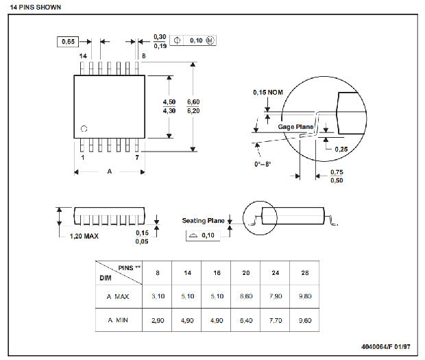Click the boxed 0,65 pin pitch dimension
[x=68, y=42]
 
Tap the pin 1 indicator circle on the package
[x=84, y=129]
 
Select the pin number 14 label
[x=83, y=56]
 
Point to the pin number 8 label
[x=144, y=56]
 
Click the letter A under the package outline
[x=110, y=171]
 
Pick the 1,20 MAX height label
[x=84, y=236]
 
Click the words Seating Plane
[x=204, y=221]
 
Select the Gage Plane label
[x=295, y=127]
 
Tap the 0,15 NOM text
[x=268, y=93]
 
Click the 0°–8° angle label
[x=263, y=165]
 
